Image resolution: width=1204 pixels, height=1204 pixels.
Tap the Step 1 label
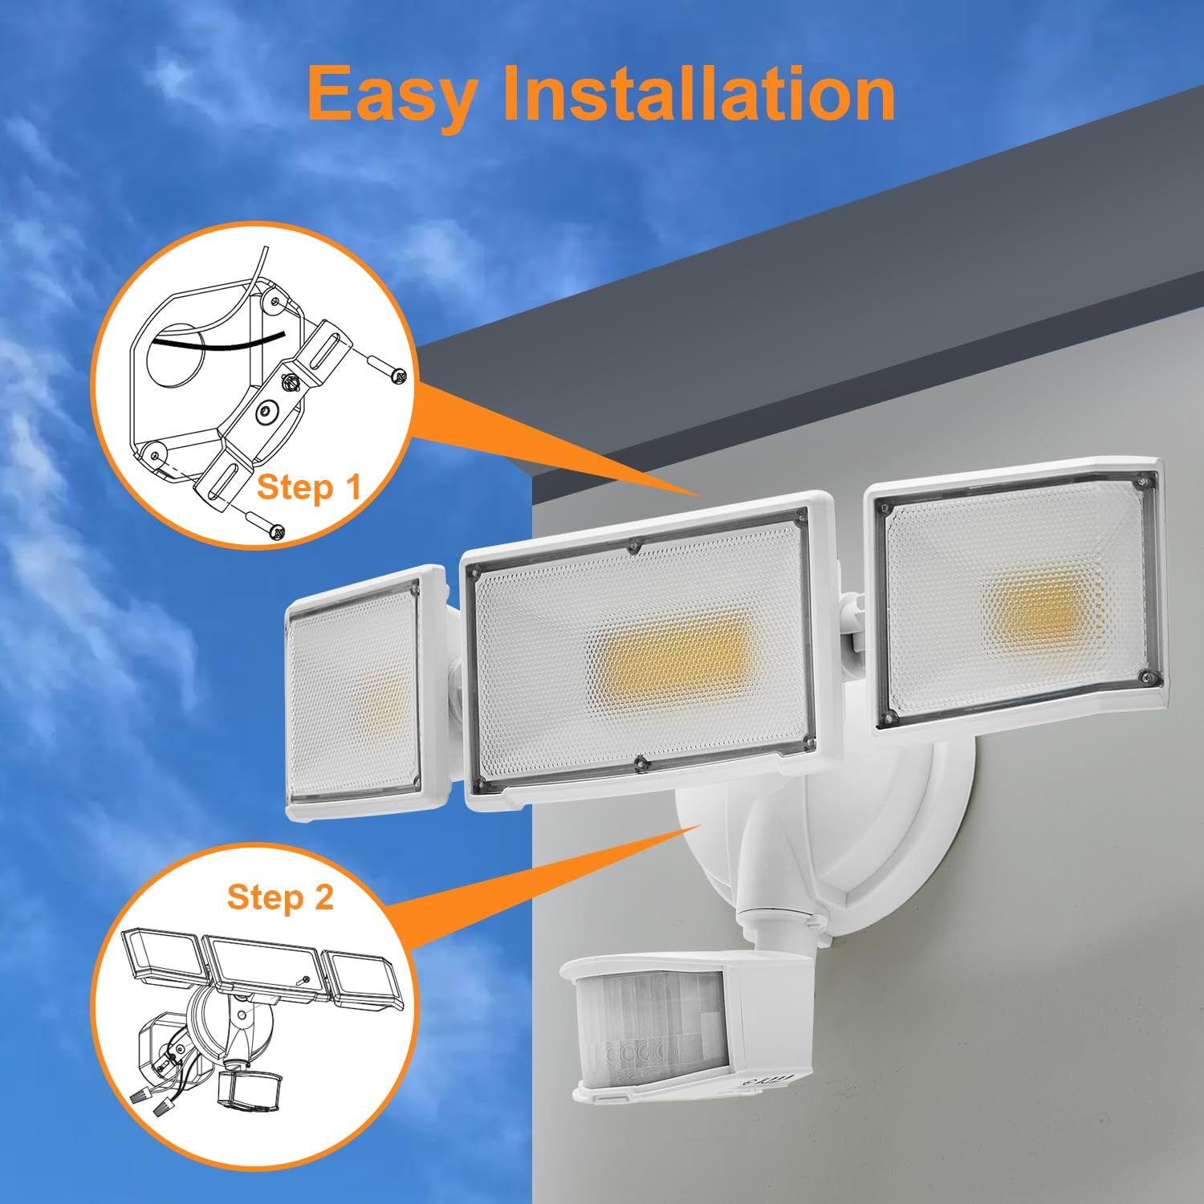308,487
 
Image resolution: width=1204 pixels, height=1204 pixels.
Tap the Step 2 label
279,897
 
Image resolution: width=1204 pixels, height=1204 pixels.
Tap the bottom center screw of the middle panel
639,763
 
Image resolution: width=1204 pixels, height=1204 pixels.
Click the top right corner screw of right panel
1141,481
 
